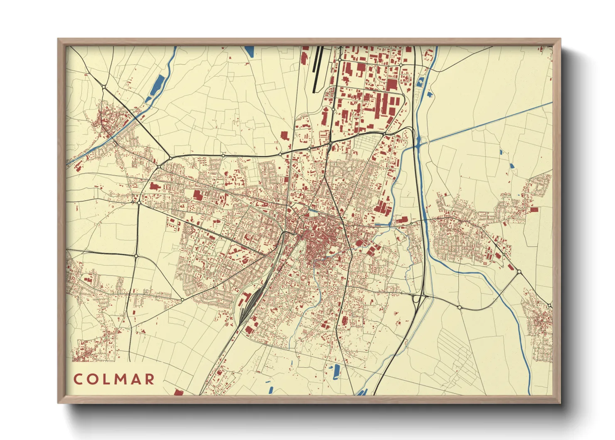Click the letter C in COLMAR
tap(78, 379)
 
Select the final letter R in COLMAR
tap(150, 379)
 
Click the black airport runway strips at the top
tap(317, 69)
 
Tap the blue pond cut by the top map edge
tap(250, 51)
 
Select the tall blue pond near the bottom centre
tap(336, 371)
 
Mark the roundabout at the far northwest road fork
tap(103, 87)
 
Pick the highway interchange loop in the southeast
tap(417, 298)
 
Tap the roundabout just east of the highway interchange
tap(459, 307)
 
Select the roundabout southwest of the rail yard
tap(182, 299)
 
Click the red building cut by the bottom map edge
tap(178, 392)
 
